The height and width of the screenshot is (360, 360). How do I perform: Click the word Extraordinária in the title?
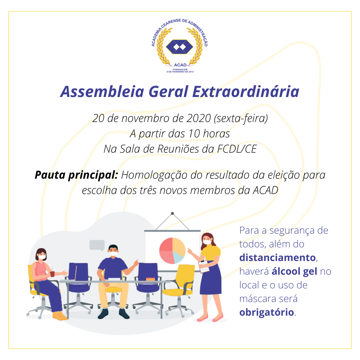pyautogui.click(x=246, y=92)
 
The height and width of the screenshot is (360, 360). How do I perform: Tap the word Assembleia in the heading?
pyautogui.click(x=102, y=92)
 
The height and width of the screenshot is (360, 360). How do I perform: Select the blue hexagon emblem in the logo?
pyautogui.click(x=180, y=47)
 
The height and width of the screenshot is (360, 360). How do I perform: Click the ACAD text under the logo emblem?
pyautogui.click(x=180, y=65)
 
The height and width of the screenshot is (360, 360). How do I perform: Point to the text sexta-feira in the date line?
pyautogui.click(x=241, y=118)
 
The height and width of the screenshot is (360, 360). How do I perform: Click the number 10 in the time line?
pyautogui.click(x=194, y=134)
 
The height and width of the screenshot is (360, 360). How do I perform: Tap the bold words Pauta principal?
pyautogui.click(x=76, y=175)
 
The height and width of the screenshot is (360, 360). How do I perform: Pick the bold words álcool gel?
pyautogui.click(x=294, y=272)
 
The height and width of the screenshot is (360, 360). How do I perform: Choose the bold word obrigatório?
pyautogui.click(x=267, y=312)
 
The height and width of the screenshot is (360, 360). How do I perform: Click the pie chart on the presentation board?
pyautogui.click(x=172, y=251)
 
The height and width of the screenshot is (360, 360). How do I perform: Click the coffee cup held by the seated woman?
pyautogui.click(x=52, y=274)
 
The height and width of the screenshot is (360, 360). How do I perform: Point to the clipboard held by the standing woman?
pyautogui.click(x=204, y=267)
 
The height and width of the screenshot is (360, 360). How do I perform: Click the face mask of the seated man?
pyautogui.click(x=113, y=254)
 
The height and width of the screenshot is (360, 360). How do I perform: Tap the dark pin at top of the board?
pyautogui.click(x=172, y=214)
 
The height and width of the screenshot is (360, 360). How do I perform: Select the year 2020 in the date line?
pyautogui.click(x=198, y=118)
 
